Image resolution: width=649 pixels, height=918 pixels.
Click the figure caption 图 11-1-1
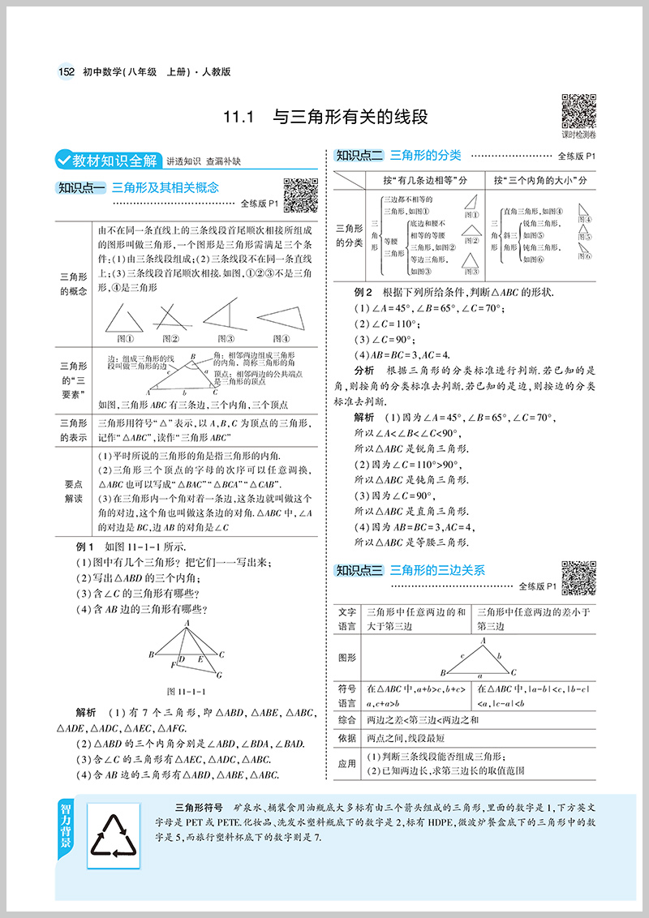tap(187, 692)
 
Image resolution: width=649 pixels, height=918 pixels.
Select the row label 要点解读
tap(74, 490)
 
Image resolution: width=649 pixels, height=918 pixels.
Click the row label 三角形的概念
tap(74, 283)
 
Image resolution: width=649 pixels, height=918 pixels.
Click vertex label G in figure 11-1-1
tap(217, 674)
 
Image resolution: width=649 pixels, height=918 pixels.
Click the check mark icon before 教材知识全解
tap(61, 159)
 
